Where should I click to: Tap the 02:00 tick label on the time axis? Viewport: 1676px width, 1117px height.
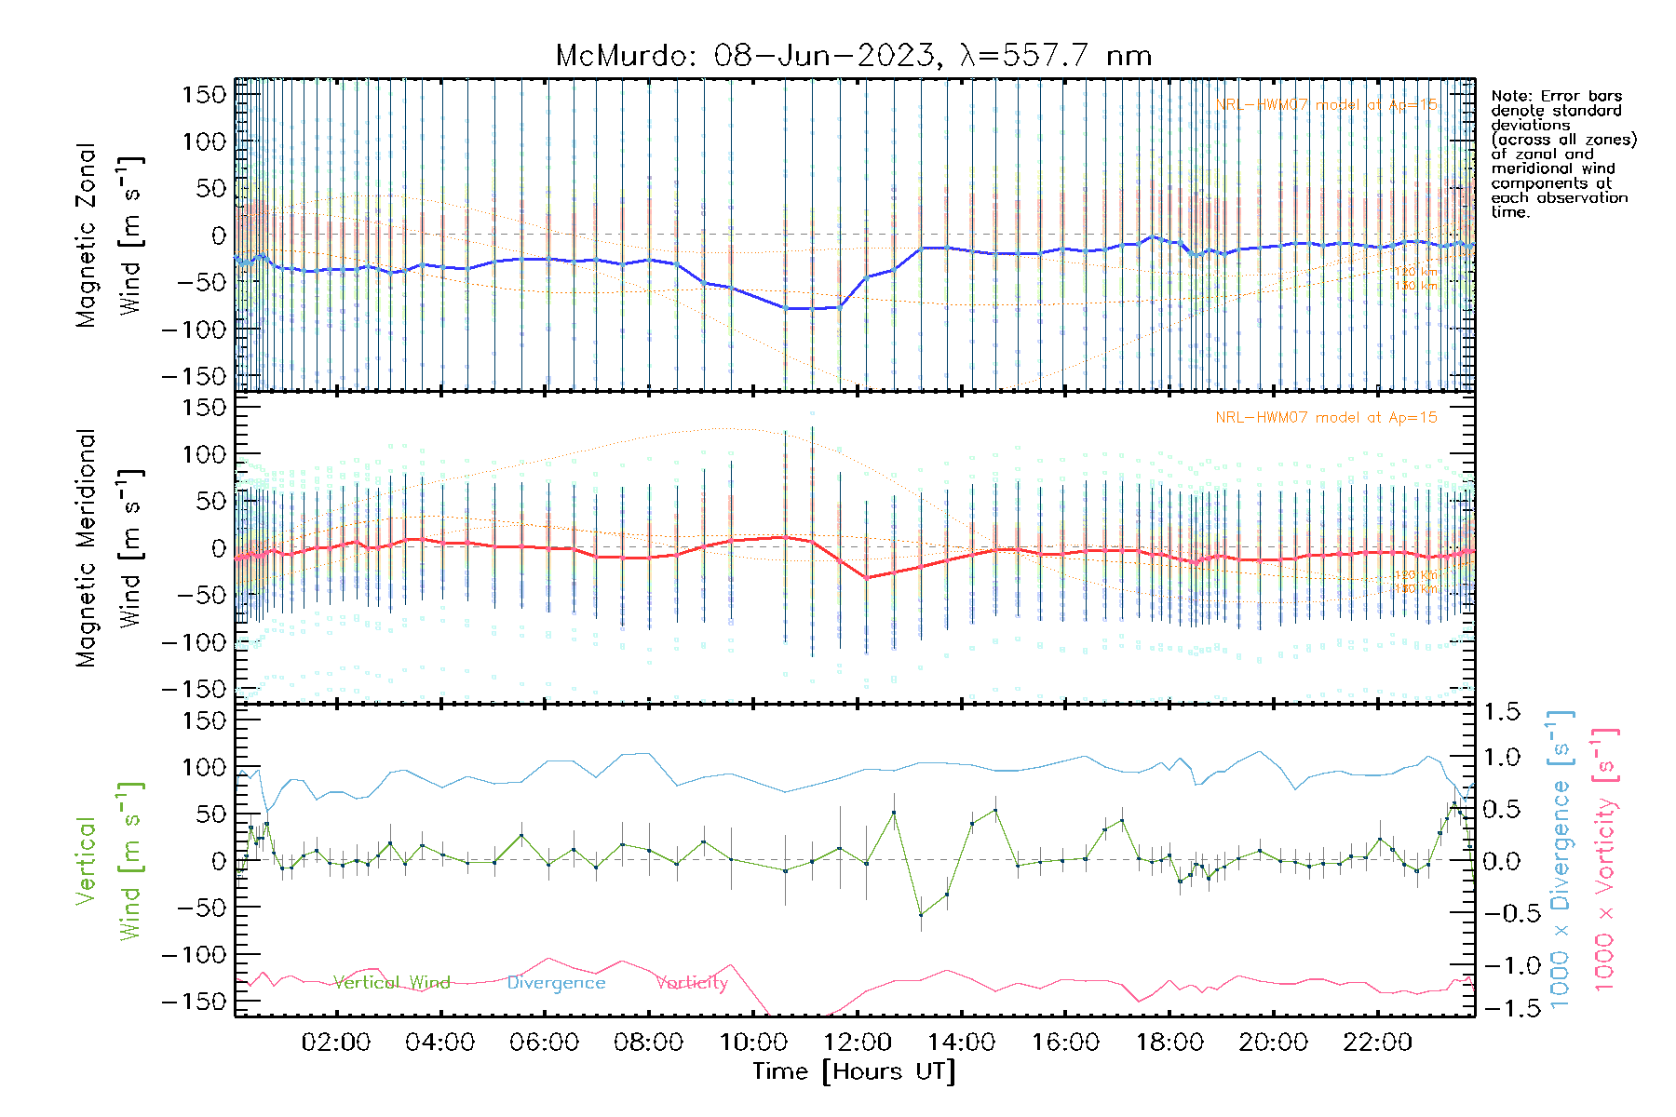click(x=336, y=1043)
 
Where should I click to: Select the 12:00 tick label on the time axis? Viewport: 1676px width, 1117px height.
click(x=857, y=1043)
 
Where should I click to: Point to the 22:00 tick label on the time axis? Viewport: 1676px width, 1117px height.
click(x=1377, y=1043)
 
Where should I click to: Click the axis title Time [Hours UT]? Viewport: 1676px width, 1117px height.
click(x=854, y=1071)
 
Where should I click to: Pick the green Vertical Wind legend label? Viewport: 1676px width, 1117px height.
click(x=392, y=983)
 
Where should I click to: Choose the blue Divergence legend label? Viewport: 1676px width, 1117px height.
click(x=556, y=983)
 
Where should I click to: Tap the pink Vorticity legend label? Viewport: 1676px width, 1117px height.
click(x=692, y=983)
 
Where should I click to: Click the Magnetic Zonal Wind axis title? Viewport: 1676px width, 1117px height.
click(x=109, y=235)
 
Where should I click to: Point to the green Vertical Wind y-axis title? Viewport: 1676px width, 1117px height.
click(x=109, y=861)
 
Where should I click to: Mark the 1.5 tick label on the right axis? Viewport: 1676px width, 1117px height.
click(x=1501, y=712)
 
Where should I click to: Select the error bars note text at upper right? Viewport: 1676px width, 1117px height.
click(x=1562, y=154)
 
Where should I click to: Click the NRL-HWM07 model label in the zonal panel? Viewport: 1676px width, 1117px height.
click(x=1326, y=105)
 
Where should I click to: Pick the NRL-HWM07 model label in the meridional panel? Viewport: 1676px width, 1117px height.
click(x=1326, y=418)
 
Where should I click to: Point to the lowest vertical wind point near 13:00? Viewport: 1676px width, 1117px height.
click(x=921, y=915)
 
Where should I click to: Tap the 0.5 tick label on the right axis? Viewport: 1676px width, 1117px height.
click(x=1501, y=809)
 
